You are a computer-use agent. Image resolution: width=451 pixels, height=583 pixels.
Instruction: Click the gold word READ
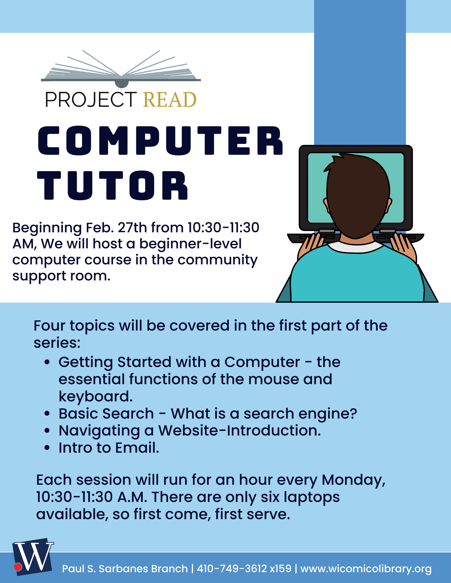tap(170, 100)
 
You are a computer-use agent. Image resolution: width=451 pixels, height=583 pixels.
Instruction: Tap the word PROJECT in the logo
tap(91, 100)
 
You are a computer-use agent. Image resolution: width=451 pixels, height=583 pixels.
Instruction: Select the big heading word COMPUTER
tap(160, 141)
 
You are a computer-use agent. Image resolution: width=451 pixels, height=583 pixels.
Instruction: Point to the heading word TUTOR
tap(113, 185)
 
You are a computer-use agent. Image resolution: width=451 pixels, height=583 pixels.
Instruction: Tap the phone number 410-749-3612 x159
tap(244, 568)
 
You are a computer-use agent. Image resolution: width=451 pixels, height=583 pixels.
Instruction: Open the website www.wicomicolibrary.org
tap(366, 569)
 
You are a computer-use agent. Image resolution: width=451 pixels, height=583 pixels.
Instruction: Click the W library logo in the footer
tap(33, 557)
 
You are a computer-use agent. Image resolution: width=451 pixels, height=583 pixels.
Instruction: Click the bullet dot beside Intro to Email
tap(47, 448)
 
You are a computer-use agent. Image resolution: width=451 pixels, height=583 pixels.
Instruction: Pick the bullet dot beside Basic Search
tap(47, 414)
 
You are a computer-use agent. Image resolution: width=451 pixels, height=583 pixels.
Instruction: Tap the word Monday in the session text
tap(353, 480)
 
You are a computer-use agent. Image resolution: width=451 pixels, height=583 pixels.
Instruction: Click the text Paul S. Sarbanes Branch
tap(125, 569)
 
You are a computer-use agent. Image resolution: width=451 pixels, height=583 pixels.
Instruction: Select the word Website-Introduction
tap(239, 431)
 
